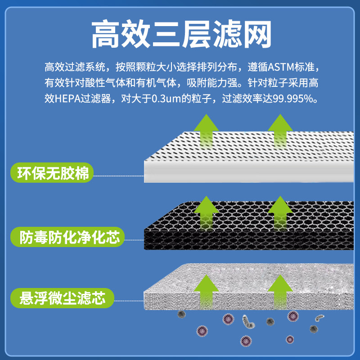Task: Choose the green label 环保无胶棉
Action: pyautogui.click(x=52, y=173)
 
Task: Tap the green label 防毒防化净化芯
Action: pyautogui.click(x=67, y=237)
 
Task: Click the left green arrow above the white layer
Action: pyautogui.click(x=207, y=130)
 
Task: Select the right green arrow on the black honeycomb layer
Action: pyautogui.click(x=280, y=211)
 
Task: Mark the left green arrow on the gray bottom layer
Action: pyautogui.click(x=207, y=288)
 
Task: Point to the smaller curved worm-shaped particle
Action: pyautogui.click(x=319, y=318)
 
